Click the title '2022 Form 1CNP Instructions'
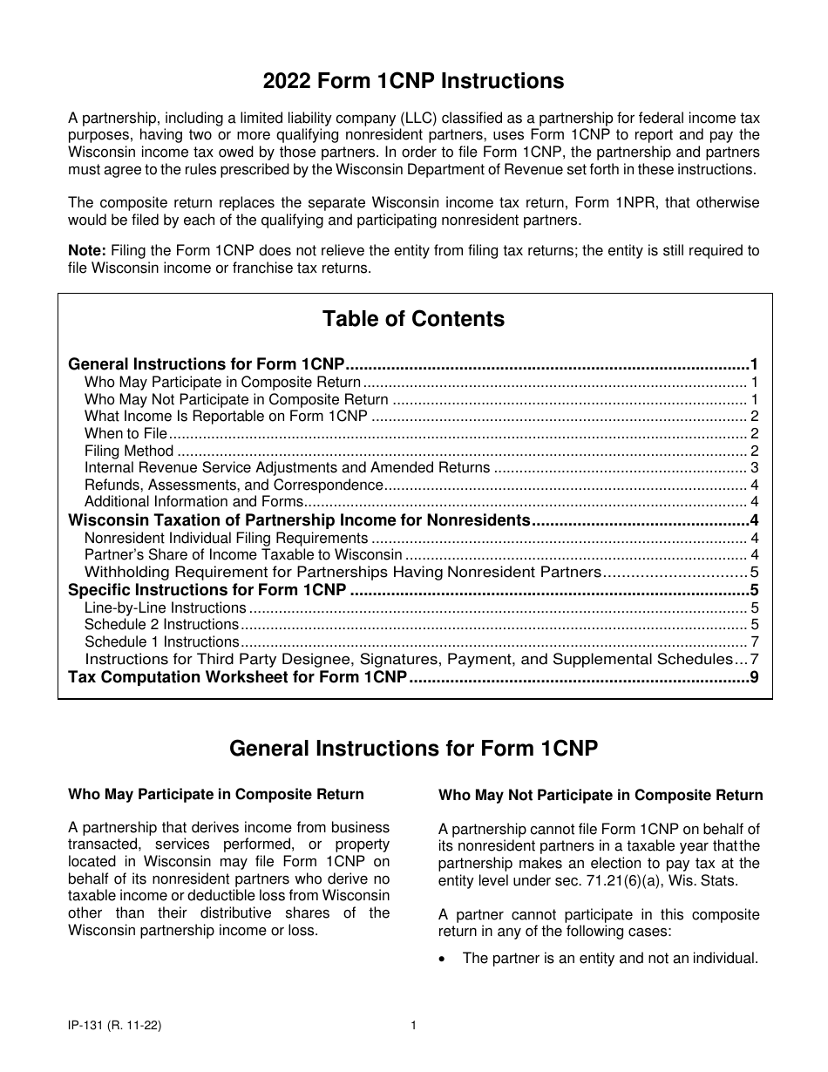click(x=413, y=81)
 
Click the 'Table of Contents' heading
click(x=413, y=319)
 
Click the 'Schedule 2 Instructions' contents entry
click(x=161, y=624)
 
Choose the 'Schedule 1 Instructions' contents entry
click(x=161, y=641)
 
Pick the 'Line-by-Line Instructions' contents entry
click(x=165, y=607)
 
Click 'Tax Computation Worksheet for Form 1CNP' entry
click(x=237, y=677)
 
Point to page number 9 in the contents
click(x=754, y=677)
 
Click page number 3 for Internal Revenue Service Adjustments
click(x=754, y=468)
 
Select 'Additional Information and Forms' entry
click(x=193, y=501)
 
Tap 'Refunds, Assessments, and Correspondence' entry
click(x=234, y=485)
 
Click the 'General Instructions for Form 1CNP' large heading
click(x=413, y=749)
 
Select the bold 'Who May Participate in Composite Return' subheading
click(x=216, y=794)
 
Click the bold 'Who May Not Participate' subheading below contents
click(x=601, y=795)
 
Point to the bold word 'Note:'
click(x=86, y=251)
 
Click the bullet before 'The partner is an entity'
click(x=444, y=959)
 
